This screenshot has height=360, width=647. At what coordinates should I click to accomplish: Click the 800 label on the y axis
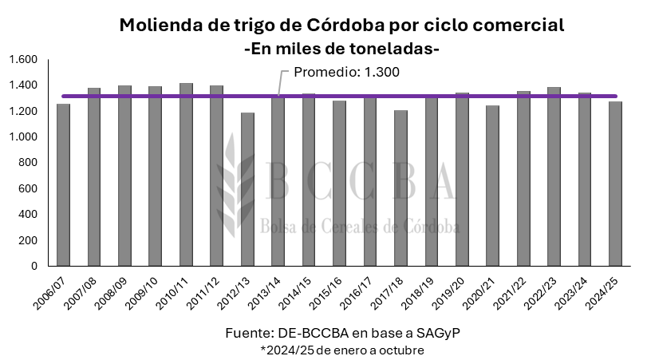click(x=29, y=163)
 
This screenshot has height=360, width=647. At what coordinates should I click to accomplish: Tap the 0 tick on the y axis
click(x=34, y=266)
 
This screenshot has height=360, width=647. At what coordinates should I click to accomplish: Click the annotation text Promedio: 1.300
click(x=346, y=72)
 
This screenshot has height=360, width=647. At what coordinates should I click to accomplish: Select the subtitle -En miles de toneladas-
click(x=341, y=48)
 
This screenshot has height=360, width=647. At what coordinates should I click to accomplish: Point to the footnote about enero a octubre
click(x=341, y=350)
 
